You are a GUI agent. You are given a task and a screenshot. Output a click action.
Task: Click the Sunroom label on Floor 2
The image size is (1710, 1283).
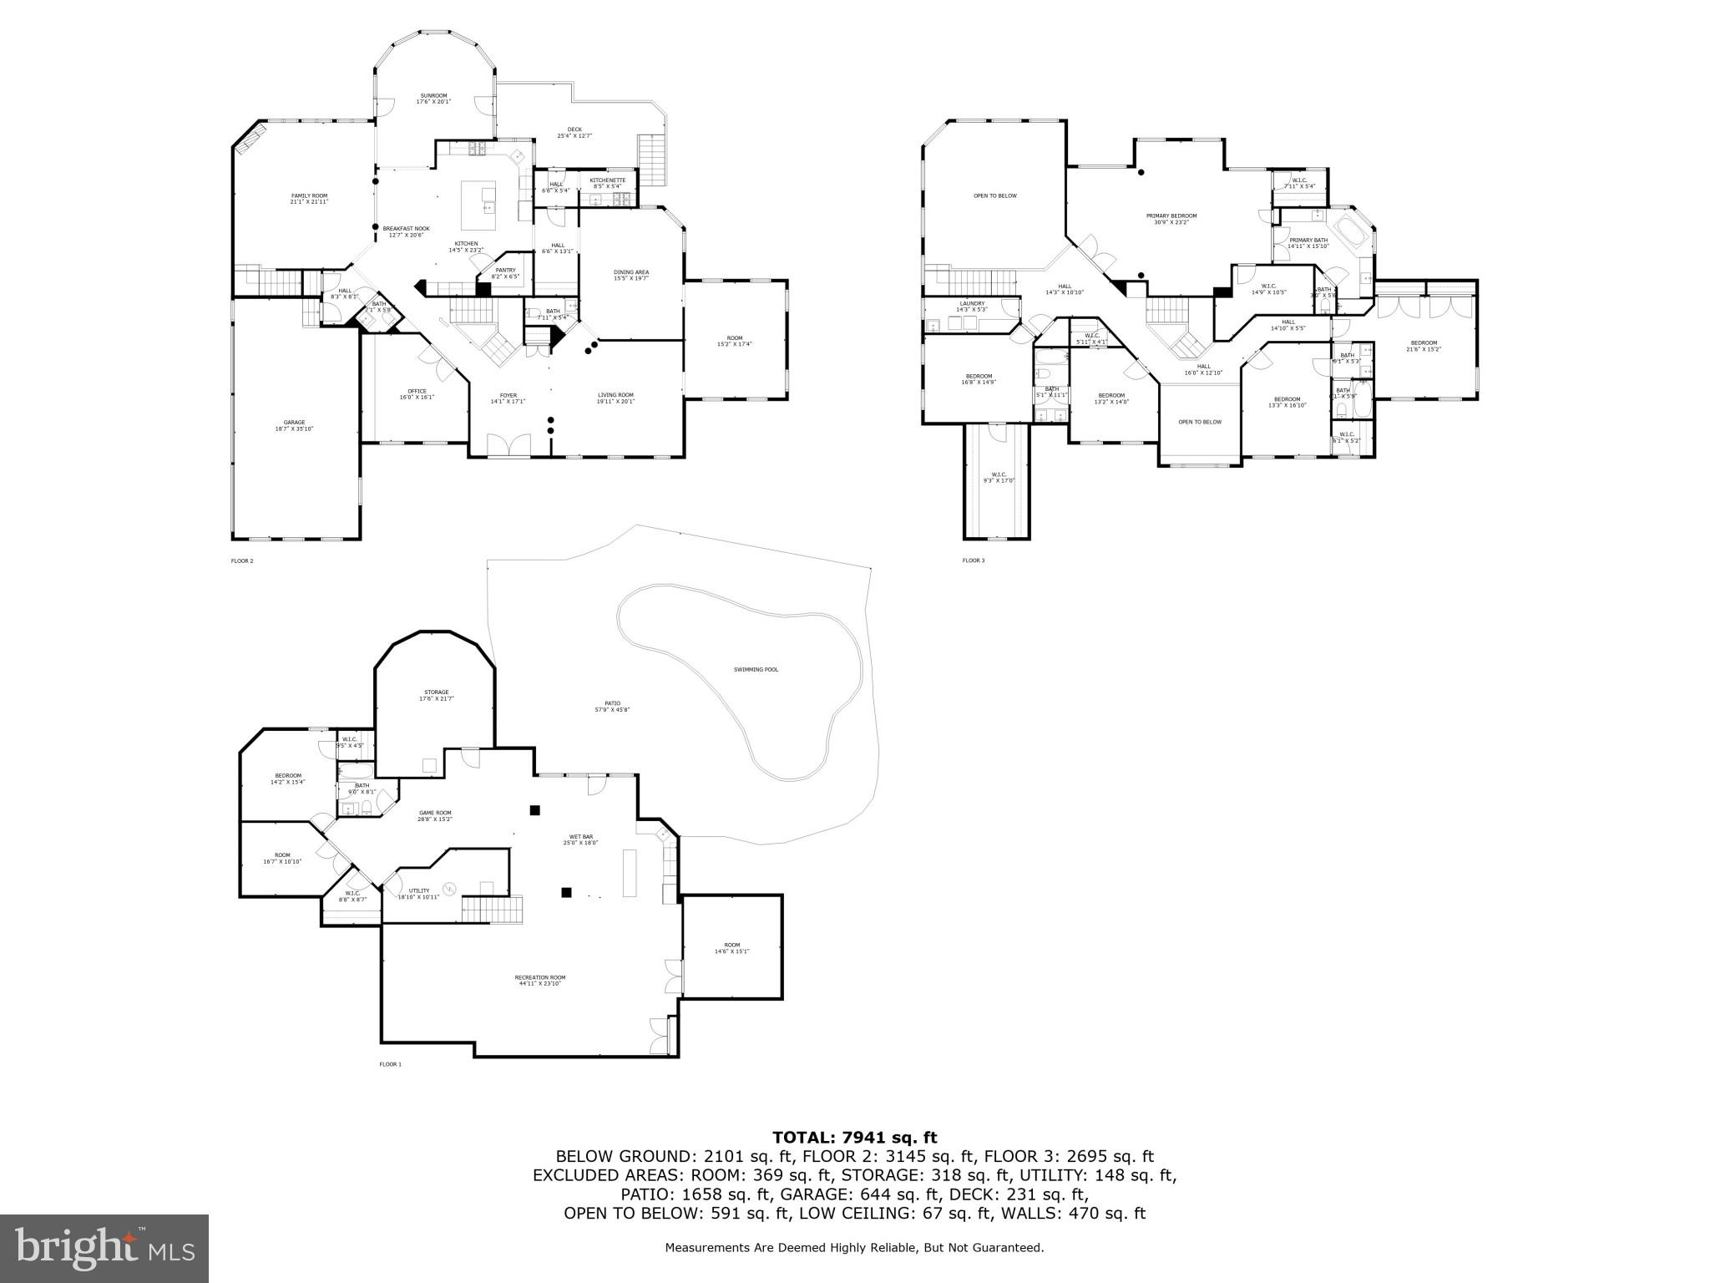point(433,99)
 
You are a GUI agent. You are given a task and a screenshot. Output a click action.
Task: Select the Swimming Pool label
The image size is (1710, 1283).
point(756,670)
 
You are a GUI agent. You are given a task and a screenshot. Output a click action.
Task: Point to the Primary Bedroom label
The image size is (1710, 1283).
point(1171,219)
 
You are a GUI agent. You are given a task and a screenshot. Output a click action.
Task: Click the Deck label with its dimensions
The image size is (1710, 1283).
point(574,133)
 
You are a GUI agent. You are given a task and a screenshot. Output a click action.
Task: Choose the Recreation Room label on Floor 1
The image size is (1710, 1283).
point(539,981)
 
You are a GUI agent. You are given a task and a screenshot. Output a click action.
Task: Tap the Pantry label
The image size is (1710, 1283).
point(505,273)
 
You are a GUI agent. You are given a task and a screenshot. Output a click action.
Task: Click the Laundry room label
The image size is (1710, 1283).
point(972,307)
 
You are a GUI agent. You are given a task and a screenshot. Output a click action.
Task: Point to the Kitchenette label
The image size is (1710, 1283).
point(607,183)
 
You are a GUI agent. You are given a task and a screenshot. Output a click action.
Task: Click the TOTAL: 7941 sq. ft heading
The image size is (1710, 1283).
point(854,1138)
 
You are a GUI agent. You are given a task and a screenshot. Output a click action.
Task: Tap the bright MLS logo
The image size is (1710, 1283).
point(104,1249)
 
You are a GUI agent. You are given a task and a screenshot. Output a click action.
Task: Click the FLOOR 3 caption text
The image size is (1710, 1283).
point(973,560)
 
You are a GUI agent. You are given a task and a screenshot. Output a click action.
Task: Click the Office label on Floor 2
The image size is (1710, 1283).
point(417,394)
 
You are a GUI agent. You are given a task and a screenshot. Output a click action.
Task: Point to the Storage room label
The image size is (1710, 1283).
point(436,695)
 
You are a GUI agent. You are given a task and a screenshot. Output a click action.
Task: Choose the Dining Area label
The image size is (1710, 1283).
point(631,276)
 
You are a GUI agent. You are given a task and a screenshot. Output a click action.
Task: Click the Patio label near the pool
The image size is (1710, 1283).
point(612,707)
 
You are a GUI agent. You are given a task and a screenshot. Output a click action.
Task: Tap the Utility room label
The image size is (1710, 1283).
point(418,894)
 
